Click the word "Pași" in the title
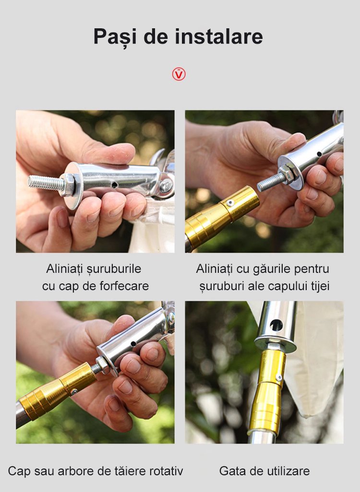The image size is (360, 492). pyautogui.click(x=115, y=37)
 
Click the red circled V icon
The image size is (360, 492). pyautogui.click(x=179, y=74)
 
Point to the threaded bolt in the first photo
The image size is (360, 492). pyautogui.click(x=47, y=183)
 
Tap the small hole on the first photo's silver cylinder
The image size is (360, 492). pyautogui.click(x=115, y=185)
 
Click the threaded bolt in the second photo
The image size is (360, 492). pyautogui.click(x=271, y=182)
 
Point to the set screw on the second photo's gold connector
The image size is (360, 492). pyautogui.click(x=230, y=203)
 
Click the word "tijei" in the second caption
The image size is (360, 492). pyautogui.click(x=320, y=286)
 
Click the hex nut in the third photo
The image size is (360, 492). pyautogui.click(x=102, y=365)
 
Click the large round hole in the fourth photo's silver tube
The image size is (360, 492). pyautogui.click(x=276, y=326)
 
